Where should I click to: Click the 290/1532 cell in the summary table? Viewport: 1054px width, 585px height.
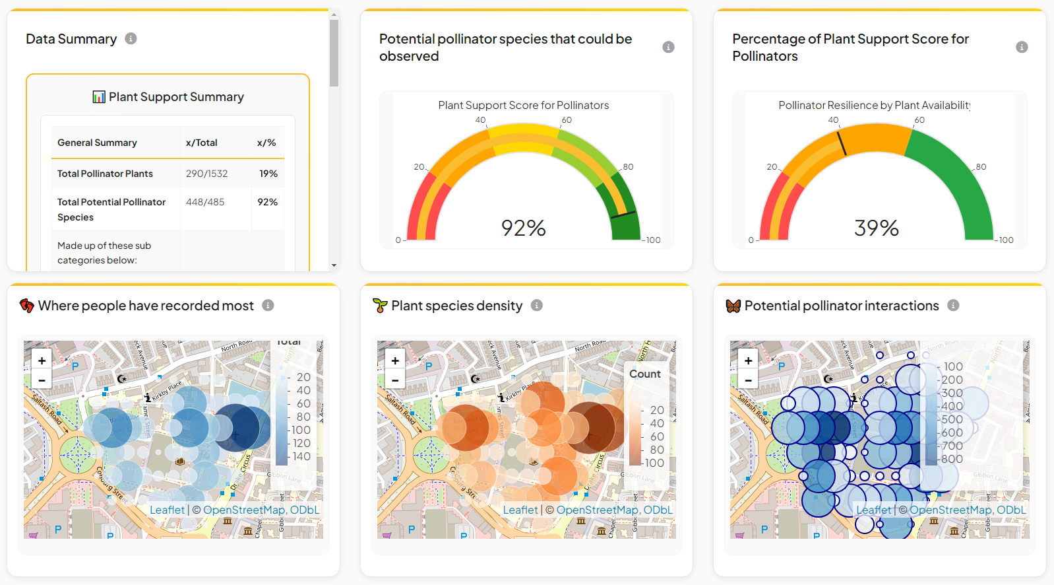[x=206, y=174]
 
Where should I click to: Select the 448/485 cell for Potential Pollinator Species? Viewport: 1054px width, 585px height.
[x=205, y=202]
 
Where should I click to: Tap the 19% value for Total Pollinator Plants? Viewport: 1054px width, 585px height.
[x=268, y=174]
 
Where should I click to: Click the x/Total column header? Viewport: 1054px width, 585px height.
[x=201, y=143]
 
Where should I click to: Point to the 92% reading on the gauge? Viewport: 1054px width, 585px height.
[x=523, y=228]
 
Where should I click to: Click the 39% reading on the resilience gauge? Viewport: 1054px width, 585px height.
[x=876, y=228]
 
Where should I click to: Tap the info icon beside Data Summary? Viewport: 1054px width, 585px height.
[x=131, y=38]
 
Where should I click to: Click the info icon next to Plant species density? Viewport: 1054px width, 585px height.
[x=537, y=305]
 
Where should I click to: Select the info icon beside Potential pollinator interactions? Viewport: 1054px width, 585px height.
[x=953, y=305]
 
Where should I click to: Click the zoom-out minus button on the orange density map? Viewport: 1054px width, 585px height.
[x=395, y=380]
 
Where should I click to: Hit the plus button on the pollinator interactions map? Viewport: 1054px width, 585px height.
[x=748, y=361]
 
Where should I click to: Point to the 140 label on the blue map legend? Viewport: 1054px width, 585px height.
[x=301, y=456]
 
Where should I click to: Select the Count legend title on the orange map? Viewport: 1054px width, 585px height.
[x=644, y=374]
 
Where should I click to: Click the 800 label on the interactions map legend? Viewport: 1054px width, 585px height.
[x=952, y=459]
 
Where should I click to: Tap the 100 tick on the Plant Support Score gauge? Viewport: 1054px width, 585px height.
[x=653, y=240]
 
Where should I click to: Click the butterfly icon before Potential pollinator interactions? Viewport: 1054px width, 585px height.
[x=733, y=306]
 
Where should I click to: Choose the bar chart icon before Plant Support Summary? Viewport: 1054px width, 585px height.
[x=99, y=97]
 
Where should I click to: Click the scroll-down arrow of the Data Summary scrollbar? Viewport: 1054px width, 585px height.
[x=334, y=265]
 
